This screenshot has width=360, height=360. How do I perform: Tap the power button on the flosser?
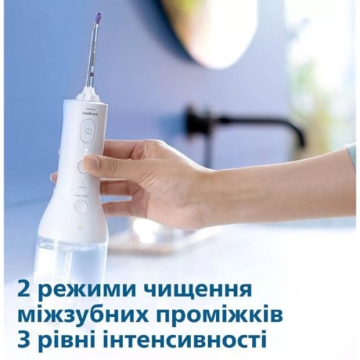pos(88,131)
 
